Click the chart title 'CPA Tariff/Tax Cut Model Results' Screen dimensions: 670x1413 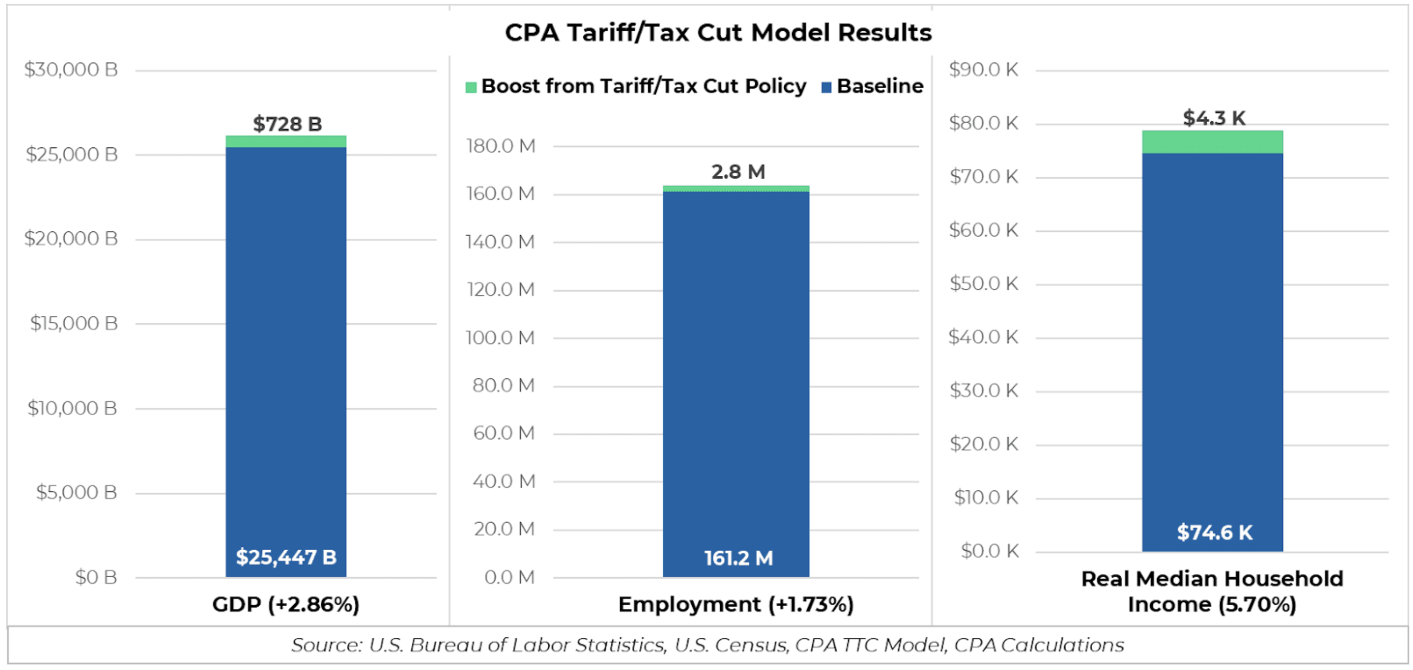[718, 32]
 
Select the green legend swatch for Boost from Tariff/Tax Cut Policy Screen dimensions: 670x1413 [470, 87]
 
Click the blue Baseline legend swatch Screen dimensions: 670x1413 [826, 87]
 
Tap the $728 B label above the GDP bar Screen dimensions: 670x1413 [287, 124]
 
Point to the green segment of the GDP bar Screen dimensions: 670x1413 [286, 142]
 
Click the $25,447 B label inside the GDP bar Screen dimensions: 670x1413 [286, 557]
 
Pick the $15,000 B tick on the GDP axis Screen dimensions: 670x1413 [74, 323]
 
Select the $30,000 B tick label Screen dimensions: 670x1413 [71, 70]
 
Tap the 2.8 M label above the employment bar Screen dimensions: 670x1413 [738, 172]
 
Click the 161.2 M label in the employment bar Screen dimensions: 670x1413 [738, 558]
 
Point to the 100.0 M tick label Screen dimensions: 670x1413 [500, 338]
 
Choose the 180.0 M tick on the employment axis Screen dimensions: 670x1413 [500, 146]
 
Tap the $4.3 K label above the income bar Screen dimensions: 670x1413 [1213, 118]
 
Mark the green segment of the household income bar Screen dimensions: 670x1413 [1212, 142]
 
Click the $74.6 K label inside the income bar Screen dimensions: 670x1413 [1214, 533]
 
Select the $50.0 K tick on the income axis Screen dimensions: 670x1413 [984, 283]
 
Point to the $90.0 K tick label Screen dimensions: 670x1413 [984, 70]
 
